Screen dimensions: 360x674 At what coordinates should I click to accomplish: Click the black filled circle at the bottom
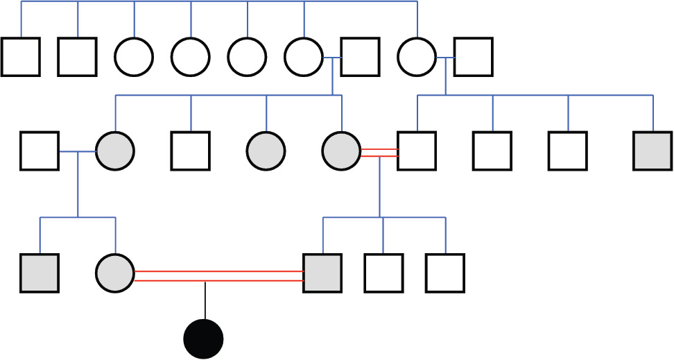click(x=203, y=339)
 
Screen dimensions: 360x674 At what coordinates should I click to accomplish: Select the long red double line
click(x=219, y=275)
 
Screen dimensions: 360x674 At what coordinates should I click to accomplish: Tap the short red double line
click(x=379, y=153)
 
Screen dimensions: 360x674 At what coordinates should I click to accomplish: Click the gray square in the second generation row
click(x=653, y=151)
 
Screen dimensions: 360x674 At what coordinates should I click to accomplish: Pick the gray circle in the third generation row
click(x=115, y=273)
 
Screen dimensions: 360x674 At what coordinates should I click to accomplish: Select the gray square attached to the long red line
click(x=322, y=273)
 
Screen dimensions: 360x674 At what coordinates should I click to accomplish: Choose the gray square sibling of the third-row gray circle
click(x=40, y=273)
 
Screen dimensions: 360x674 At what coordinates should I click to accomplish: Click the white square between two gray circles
click(x=191, y=151)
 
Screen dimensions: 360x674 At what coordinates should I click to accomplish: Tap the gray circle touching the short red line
click(x=341, y=151)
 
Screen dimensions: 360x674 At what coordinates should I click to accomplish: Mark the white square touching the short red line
click(x=417, y=151)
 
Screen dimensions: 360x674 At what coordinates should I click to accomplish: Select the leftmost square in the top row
click(x=20, y=56)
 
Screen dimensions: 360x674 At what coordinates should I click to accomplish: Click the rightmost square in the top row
click(x=474, y=56)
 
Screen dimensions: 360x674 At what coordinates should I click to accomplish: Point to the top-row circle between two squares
click(x=417, y=56)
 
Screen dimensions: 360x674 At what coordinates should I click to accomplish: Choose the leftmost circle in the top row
click(x=134, y=56)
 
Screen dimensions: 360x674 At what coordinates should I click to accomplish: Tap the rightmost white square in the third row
click(x=445, y=273)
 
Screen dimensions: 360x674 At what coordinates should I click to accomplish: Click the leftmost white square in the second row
click(x=40, y=151)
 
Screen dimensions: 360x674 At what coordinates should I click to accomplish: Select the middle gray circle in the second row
click(x=266, y=151)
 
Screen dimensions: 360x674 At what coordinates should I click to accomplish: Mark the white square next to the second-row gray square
click(x=568, y=151)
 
